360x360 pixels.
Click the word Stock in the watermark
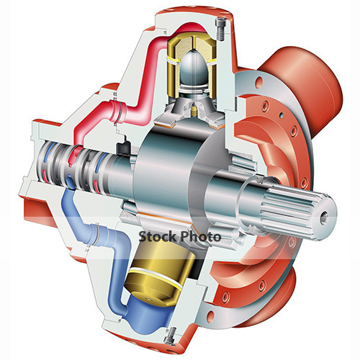(155, 236)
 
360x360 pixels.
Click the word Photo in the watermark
(198, 236)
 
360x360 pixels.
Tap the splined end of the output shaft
(295, 209)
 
